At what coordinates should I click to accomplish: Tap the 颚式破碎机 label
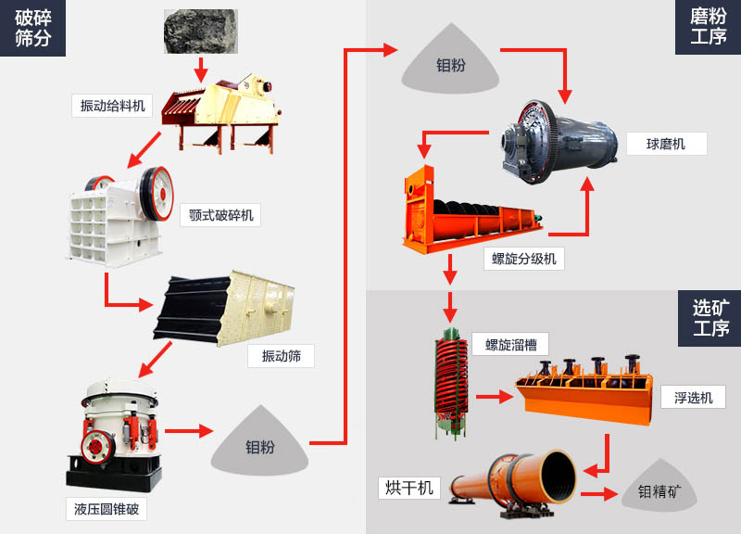tap(220, 215)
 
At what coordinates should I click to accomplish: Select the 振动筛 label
tap(281, 356)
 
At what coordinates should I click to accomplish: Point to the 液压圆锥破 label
tap(106, 508)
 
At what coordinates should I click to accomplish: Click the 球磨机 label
tap(665, 144)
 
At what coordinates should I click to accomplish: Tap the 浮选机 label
tap(693, 397)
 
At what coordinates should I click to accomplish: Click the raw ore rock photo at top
tap(200, 31)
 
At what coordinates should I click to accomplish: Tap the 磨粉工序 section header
tap(709, 27)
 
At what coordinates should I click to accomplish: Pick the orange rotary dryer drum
tap(514, 477)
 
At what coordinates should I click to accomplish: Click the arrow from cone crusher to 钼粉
tap(189, 431)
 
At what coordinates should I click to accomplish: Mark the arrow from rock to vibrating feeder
tap(200, 69)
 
